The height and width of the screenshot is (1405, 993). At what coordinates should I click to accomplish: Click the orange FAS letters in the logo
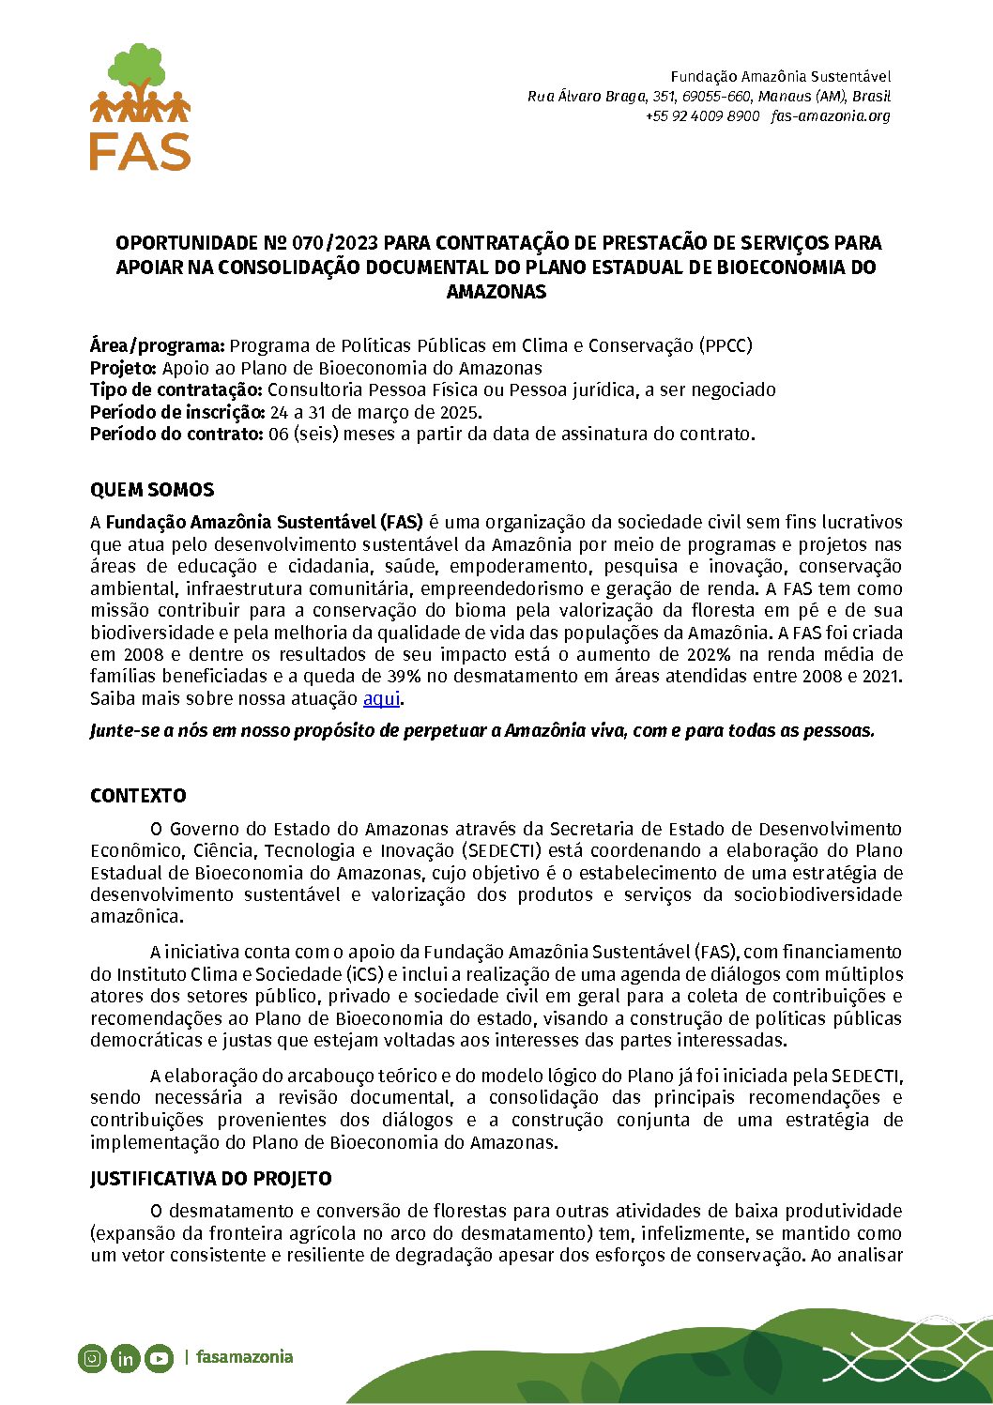click(x=140, y=151)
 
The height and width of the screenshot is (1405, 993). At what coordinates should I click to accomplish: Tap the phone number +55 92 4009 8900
click(x=702, y=116)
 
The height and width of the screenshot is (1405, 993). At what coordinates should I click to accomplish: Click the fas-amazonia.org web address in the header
click(x=831, y=116)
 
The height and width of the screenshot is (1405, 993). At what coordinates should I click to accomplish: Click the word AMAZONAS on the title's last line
click(x=496, y=292)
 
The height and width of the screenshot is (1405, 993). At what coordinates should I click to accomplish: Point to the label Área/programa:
click(x=158, y=345)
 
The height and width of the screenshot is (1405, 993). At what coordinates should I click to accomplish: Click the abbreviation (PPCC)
click(x=726, y=345)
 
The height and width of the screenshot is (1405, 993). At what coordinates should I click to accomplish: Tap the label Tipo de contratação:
click(x=176, y=389)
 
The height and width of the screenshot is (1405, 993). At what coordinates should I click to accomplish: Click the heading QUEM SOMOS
click(x=152, y=490)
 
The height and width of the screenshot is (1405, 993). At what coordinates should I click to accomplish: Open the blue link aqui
click(x=381, y=699)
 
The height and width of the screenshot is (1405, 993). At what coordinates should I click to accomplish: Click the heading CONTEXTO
click(x=138, y=796)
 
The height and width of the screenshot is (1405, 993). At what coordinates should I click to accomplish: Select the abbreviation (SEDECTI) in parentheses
click(x=502, y=851)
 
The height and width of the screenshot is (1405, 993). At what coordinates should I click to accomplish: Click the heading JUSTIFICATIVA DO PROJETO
click(x=211, y=1179)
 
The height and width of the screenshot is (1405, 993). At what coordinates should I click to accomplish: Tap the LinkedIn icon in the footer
click(x=125, y=1358)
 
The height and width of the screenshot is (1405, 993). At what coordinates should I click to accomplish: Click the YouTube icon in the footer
click(x=159, y=1358)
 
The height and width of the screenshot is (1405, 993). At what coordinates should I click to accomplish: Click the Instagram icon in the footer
click(x=92, y=1358)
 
